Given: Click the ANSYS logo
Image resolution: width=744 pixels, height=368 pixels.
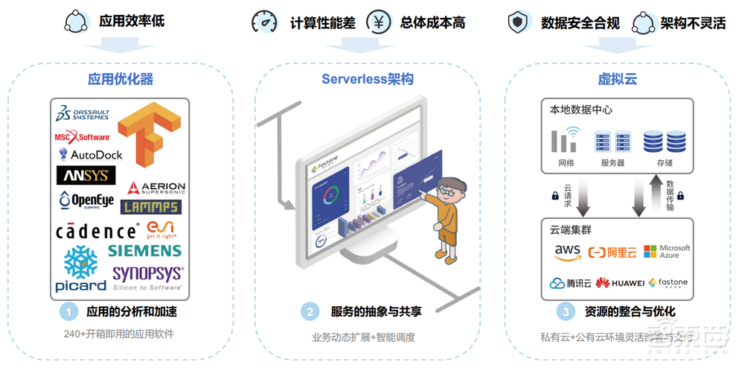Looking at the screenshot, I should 86,176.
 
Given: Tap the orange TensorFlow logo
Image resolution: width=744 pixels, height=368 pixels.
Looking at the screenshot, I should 150,133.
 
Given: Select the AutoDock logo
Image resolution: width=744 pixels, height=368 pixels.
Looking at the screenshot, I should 91,154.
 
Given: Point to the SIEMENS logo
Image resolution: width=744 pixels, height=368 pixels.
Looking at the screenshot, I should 144,250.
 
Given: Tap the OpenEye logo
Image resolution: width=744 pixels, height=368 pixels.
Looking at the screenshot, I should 86,200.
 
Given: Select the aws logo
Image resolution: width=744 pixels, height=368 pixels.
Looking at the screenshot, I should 568,252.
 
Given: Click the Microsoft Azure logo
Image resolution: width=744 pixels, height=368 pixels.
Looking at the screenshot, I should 667,251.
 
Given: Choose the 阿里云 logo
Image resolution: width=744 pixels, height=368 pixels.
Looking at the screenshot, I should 612,252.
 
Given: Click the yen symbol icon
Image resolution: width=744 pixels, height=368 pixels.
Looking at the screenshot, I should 379,22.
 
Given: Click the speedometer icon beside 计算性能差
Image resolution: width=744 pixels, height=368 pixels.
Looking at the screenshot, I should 264,22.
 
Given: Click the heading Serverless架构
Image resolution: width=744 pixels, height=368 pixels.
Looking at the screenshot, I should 368,79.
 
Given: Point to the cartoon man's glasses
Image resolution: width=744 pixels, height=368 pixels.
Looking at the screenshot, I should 446,191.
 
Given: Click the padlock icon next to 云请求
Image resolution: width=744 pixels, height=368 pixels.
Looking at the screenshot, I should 554,196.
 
